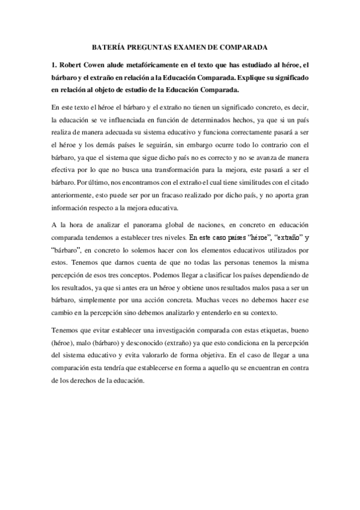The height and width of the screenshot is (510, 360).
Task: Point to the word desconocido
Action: coord(144,345)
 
